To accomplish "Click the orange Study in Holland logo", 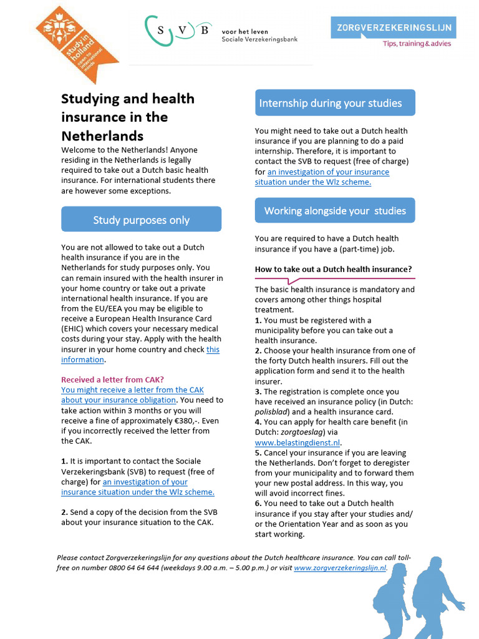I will [x=76, y=44].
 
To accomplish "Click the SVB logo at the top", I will [x=177, y=31].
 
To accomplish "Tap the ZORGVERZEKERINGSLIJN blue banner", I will [x=393, y=27].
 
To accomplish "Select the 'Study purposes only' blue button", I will [x=141, y=220].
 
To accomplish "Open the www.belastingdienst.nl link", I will [x=289, y=442].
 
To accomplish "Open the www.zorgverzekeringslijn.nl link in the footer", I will [x=340, y=568].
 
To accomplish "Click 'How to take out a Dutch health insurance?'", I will [x=334, y=270].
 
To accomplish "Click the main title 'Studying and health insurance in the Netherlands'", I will [x=128, y=117].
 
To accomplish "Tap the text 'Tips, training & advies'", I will [x=417, y=44].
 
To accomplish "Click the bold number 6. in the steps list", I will [x=258, y=503].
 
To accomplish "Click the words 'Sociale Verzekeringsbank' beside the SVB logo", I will [x=259, y=39].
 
